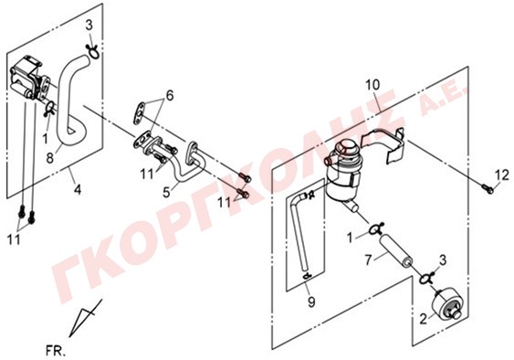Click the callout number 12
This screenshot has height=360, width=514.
pyautogui.click(x=502, y=175)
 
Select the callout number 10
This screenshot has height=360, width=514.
pyautogui.click(x=372, y=85)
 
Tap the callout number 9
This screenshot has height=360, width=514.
pyautogui.click(x=311, y=301)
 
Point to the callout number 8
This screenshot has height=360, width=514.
pyautogui.click(x=50, y=158)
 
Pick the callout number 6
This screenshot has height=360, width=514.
pyautogui.click(x=169, y=96)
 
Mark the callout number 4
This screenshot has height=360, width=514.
pyautogui.click(x=78, y=189)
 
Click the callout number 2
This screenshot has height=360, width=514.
pyautogui.click(x=424, y=319)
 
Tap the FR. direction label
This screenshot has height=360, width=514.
pyautogui.click(x=56, y=352)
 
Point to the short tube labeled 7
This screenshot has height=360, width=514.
pyautogui.click(x=395, y=249)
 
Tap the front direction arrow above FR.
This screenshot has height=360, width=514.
pyautogui.click(x=86, y=317)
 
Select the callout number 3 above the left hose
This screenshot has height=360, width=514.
pyautogui.click(x=89, y=26)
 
